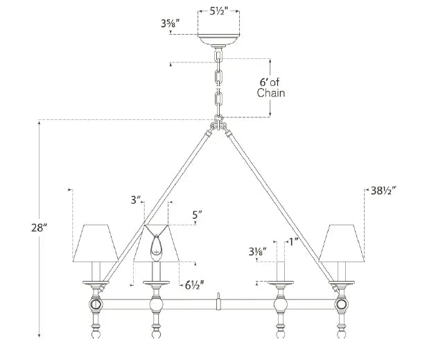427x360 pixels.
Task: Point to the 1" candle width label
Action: point(295,241)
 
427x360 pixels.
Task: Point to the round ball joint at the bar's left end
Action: point(94,305)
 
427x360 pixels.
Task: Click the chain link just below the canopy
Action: point(219,54)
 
